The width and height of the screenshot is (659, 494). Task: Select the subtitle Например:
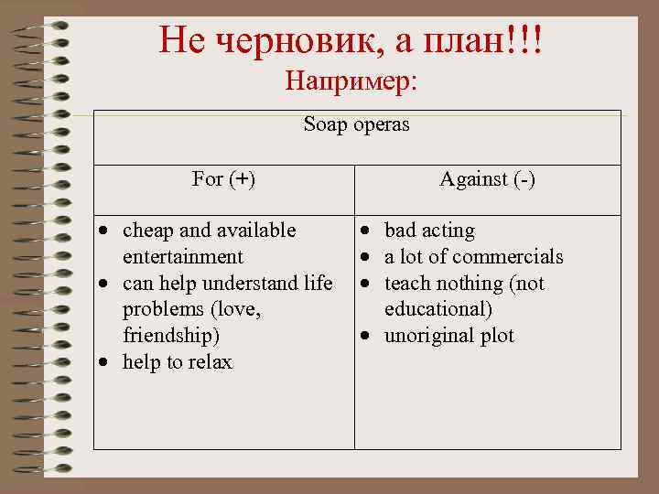point(351,82)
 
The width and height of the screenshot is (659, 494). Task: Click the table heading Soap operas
point(357,125)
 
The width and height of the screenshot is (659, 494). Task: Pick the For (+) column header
point(224,179)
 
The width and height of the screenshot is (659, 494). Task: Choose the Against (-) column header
point(487,179)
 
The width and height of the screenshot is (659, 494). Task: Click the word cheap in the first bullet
point(146,231)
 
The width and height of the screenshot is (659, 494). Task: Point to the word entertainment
point(182,257)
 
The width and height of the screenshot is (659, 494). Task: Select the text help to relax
point(178,362)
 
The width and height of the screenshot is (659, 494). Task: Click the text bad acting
point(429,231)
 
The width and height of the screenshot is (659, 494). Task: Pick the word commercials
point(508,257)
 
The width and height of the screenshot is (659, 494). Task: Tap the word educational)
point(438,309)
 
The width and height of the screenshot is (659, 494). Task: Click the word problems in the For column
point(160,309)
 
